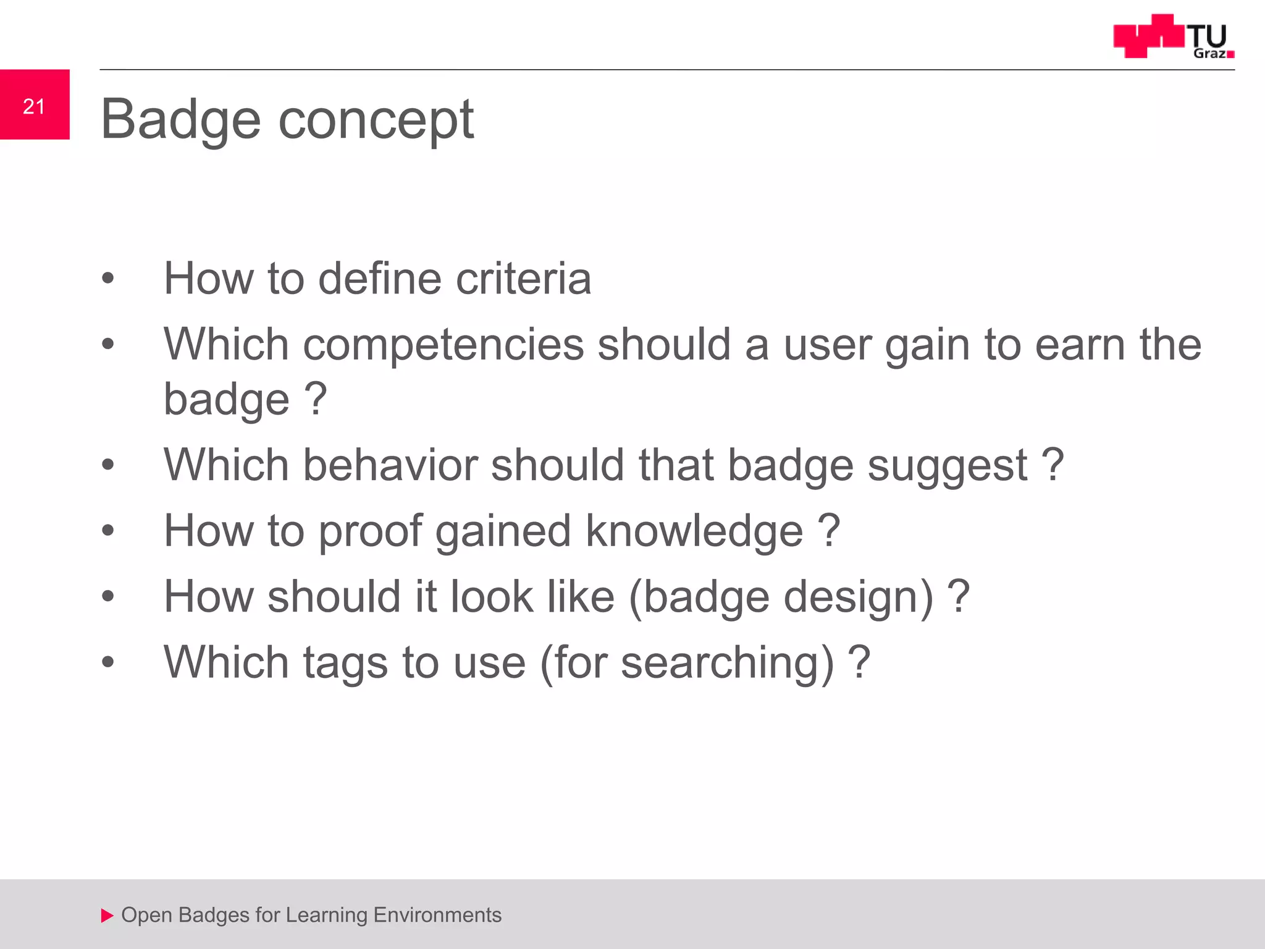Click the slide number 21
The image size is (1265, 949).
point(34,106)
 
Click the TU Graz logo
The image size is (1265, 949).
point(1173,36)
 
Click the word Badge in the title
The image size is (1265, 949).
point(181,120)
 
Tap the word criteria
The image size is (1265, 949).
point(523,279)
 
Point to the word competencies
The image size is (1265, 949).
point(443,345)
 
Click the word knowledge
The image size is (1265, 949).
point(694,531)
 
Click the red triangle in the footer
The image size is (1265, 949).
point(107,916)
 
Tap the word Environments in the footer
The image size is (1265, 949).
point(437,915)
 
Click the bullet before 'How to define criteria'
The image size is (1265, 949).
point(108,279)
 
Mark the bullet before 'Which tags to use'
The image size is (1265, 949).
point(108,662)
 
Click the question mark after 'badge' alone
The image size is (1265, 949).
point(316,399)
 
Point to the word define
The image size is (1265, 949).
point(379,279)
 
